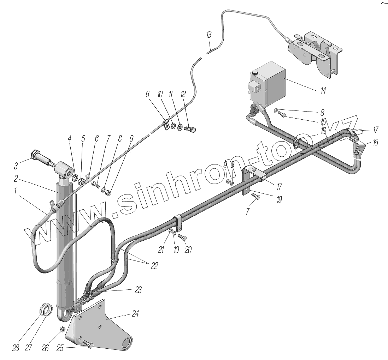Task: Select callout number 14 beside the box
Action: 323,91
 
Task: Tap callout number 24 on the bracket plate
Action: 135,314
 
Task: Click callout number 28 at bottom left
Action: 16,348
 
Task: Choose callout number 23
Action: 138,290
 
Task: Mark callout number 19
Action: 279,200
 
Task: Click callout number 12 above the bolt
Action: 183,94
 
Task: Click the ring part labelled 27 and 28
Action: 47,310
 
